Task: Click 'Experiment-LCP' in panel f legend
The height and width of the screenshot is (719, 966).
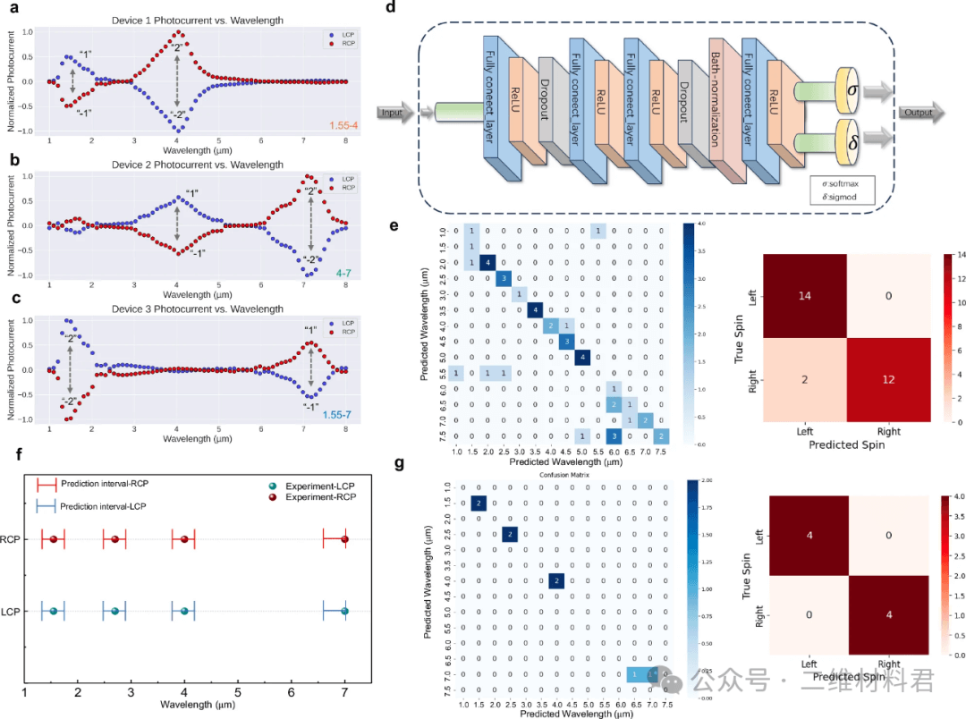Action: [321, 485]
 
